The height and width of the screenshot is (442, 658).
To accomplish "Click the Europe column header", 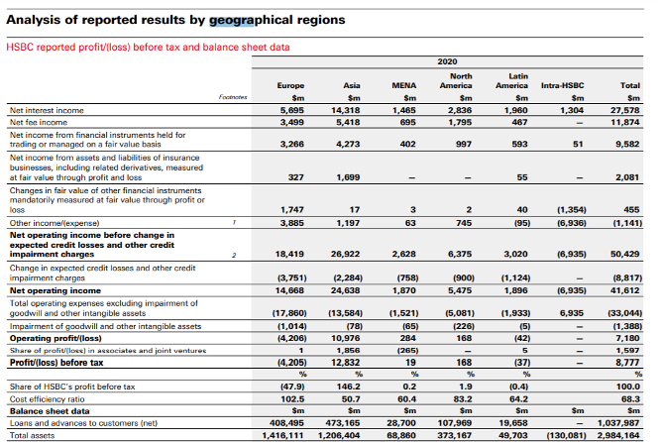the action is coord(290,85).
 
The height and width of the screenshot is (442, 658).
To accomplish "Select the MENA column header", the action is coord(403,85).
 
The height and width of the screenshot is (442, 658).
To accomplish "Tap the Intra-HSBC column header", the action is coord(562,85).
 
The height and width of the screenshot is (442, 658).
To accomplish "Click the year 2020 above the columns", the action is coord(447,61).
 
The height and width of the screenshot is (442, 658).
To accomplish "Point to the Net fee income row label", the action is coord(39,123).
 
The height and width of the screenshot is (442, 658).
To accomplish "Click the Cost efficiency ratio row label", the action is coord(47,399).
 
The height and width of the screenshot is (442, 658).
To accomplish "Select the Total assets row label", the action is coord(32,436).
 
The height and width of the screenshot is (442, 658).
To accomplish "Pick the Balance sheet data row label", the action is coord(50,411).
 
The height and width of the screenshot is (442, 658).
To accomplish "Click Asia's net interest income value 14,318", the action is coord(345,110).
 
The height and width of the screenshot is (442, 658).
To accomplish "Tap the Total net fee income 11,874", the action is coord(625,123).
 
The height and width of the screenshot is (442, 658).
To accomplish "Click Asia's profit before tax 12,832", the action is coord(345,363).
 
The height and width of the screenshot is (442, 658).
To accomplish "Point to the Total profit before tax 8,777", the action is coord(628,363).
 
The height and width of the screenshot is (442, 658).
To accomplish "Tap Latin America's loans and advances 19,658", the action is coord(513,423).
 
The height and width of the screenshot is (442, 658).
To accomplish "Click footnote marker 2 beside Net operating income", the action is coord(234,255).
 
